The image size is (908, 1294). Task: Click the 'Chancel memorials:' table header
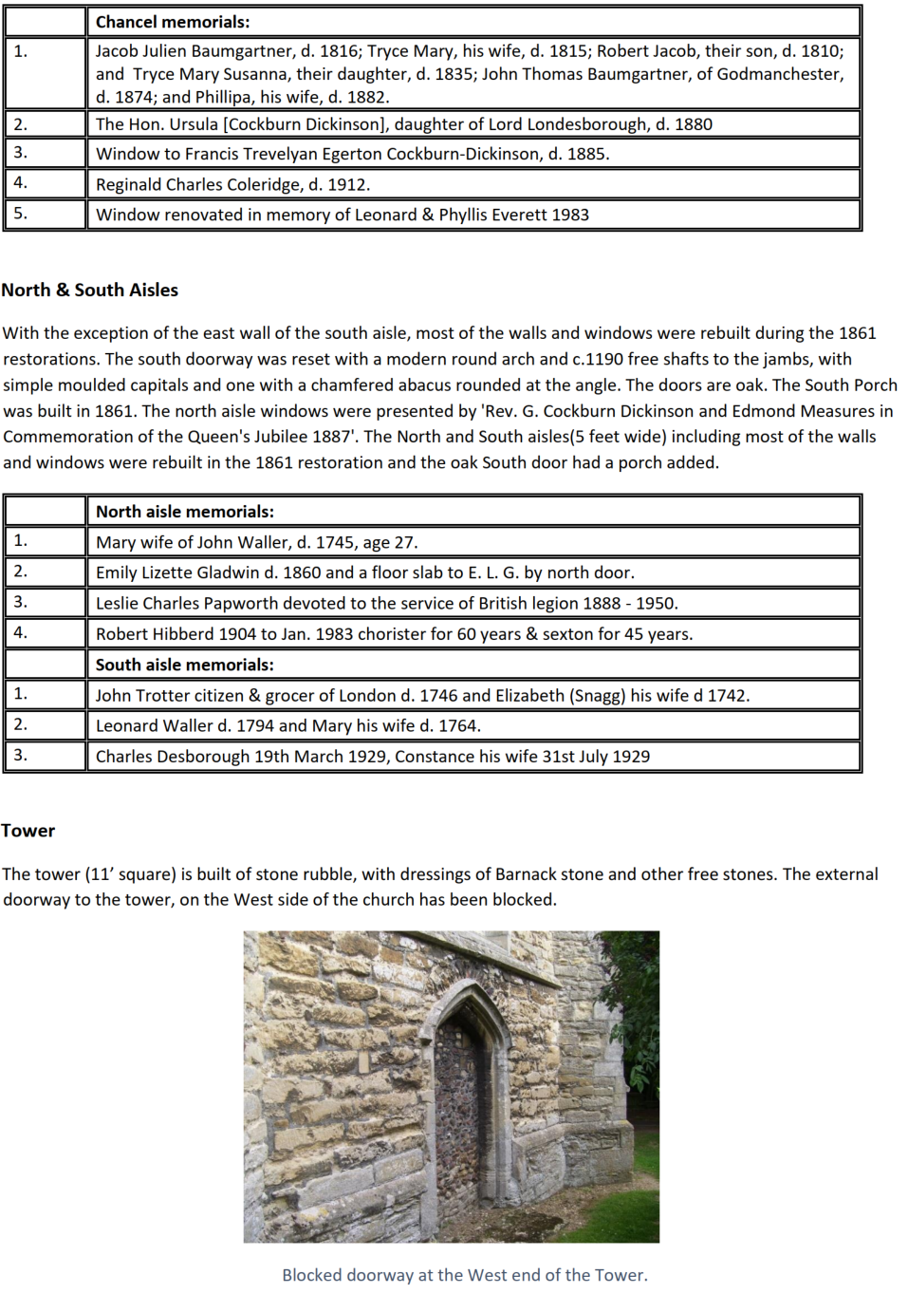pyautogui.click(x=173, y=22)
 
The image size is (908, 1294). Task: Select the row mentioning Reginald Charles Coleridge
pyautogui.click(x=232, y=184)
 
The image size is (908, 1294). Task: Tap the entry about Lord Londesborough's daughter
pyautogui.click(x=403, y=124)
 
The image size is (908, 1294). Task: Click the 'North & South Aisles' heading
pyautogui.click(x=90, y=291)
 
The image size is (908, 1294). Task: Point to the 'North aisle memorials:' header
pyautogui.click(x=184, y=512)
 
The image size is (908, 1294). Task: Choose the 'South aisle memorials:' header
pyautogui.click(x=184, y=665)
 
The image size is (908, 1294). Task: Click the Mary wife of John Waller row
pyautogui.click(x=256, y=542)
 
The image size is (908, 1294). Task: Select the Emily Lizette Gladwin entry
pyautogui.click(x=364, y=572)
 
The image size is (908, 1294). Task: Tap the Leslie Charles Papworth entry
pyautogui.click(x=386, y=603)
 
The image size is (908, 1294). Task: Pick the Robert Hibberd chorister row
pyautogui.click(x=394, y=633)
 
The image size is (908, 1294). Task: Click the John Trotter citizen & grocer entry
pyautogui.click(x=422, y=695)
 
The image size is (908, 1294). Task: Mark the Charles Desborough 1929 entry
pyautogui.click(x=372, y=757)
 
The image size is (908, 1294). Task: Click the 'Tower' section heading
pyautogui.click(x=28, y=831)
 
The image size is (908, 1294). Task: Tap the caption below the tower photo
pyautogui.click(x=464, y=1275)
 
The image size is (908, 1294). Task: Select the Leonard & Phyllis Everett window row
pyautogui.click(x=342, y=215)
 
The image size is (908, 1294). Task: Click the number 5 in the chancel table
pyautogui.click(x=21, y=214)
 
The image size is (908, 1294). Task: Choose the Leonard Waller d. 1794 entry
pyautogui.click(x=287, y=725)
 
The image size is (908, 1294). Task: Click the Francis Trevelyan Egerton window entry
pyautogui.click(x=352, y=154)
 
